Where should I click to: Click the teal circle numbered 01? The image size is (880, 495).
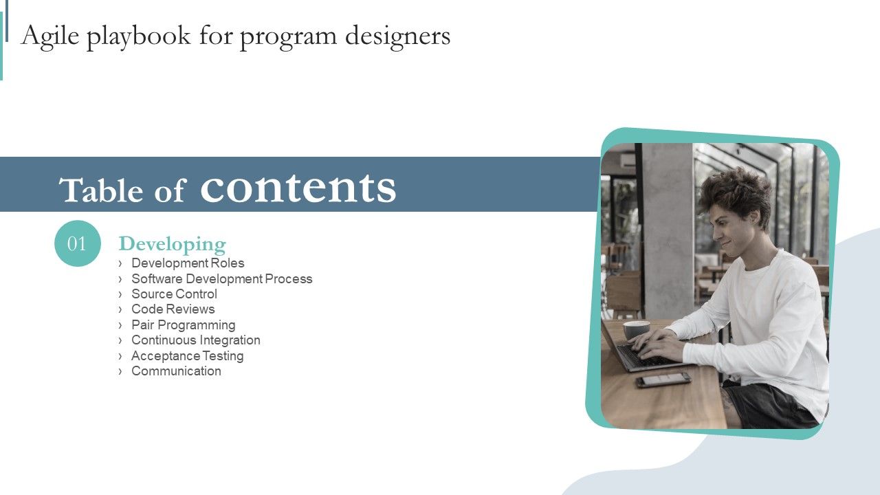[77, 243]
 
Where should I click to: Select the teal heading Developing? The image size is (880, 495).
[172, 244]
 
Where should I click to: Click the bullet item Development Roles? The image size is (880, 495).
[188, 263]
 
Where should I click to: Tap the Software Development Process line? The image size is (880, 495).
[221, 278]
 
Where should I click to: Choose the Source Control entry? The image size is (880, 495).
[174, 294]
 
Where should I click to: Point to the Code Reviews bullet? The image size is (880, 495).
[173, 309]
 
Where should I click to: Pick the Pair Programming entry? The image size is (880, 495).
[183, 325]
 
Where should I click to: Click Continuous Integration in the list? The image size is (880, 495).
[195, 340]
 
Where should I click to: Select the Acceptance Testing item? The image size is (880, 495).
[187, 356]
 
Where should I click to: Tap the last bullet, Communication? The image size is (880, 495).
[176, 371]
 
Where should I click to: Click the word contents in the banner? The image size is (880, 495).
[298, 187]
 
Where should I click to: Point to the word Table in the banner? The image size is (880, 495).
[102, 190]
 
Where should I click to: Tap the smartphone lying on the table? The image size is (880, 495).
[663, 379]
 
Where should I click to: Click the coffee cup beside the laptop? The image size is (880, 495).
[636, 329]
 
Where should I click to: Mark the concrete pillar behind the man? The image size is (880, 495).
[667, 227]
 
